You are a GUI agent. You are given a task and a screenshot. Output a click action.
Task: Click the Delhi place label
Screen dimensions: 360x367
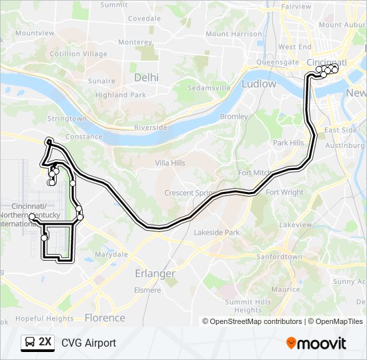pyautogui.click(x=147, y=77)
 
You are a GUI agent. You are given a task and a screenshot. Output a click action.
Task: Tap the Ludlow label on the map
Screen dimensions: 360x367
pyautogui.click(x=259, y=84)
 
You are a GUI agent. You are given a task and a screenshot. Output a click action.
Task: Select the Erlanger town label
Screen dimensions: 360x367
pyautogui.click(x=155, y=273)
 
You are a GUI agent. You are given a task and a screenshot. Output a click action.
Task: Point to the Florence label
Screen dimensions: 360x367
pyautogui.click(x=105, y=317)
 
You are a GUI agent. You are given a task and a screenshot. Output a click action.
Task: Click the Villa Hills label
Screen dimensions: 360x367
pyautogui.click(x=170, y=163)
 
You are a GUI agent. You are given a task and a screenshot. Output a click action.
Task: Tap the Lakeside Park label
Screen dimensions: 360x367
pyautogui.click(x=216, y=233)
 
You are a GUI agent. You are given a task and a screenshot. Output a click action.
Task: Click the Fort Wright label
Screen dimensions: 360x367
pyautogui.click(x=284, y=193)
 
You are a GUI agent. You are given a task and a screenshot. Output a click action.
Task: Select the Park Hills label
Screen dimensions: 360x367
pyautogui.click(x=288, y=143)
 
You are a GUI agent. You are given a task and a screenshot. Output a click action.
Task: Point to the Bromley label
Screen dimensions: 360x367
pyautogui.click(x=234, y=117)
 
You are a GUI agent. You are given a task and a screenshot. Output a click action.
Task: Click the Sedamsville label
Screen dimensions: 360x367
pyautogui.click(x=209, y=88)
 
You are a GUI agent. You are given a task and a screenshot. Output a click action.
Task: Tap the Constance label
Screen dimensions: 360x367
pyautogui.click(x=84, y=137)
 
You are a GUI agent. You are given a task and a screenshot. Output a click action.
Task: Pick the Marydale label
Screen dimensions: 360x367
pyautogui.click(x=111, y=255)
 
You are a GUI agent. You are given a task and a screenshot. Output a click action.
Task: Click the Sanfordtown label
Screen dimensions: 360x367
pyautogui.click(x=280, y=256)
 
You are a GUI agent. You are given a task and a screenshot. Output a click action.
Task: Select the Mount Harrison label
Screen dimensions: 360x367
pyautogui.click(x=234, y=34)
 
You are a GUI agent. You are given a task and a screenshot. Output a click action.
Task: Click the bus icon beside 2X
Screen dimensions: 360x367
pyautogui.click(x=29, y=343)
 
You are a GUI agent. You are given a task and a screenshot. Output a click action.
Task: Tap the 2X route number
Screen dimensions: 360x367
pyautogui.click(x=45, y=343)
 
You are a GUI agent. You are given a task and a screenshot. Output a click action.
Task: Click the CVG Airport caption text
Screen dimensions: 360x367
pyautogui.click(x=89, y=343)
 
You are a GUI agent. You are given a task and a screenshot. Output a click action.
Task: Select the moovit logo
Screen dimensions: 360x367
pyautogui.click(x=316, y=343)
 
